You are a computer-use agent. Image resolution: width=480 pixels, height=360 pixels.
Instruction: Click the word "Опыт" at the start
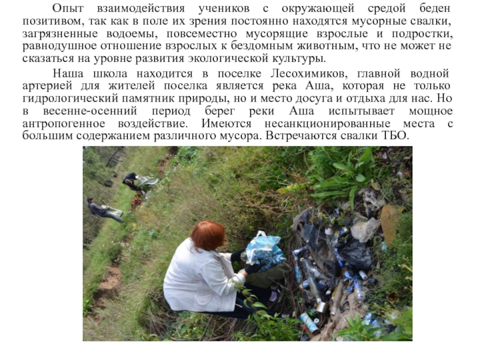pos(68,8)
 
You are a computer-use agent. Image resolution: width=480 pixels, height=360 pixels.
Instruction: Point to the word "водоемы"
pos(132,34)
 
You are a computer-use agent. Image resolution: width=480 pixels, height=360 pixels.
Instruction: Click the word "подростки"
pos(422,34)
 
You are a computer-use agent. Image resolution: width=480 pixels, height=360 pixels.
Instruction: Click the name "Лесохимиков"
pos(309,74)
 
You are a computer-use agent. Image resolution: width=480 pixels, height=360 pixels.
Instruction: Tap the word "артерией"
pos(47,86)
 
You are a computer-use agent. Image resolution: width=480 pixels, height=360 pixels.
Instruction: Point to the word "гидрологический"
pos(70,98)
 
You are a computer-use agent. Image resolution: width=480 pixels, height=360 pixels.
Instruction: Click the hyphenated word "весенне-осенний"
pos(91,111)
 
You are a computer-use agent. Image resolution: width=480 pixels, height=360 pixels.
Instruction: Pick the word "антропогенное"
pos(64,124)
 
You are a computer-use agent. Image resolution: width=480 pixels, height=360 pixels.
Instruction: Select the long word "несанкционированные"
pos(328,124)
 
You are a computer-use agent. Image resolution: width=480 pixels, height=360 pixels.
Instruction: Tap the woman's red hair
pos(208,236)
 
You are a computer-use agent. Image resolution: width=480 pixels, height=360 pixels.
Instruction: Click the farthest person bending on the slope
pos(133,181)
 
